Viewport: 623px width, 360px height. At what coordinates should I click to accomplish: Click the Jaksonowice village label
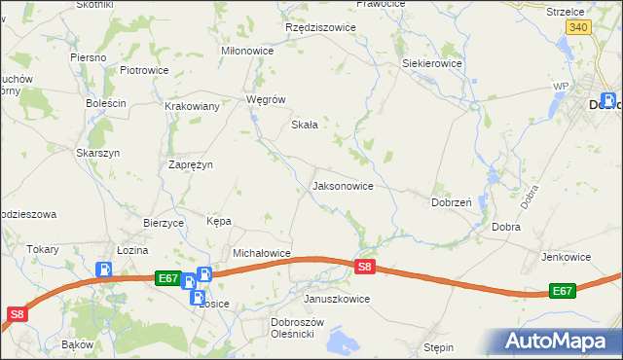[342, 185]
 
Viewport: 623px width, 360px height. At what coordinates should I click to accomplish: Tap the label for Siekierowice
[432, 63]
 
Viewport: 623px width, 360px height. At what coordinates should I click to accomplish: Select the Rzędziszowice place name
[320, 28]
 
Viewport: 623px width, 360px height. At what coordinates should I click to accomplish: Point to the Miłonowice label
[248, 51]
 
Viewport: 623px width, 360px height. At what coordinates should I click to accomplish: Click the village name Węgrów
[266, 99]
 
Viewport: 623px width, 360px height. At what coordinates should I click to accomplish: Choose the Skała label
[306, 125]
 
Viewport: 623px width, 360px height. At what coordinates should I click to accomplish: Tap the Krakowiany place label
[192, 106]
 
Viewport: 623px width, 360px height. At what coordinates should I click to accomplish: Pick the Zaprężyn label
[191, 164]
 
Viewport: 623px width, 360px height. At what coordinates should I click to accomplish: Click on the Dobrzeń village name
[452, 202]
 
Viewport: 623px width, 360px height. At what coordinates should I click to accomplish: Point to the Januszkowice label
[337, 299]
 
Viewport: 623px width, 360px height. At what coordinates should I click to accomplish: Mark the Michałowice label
[262, 253]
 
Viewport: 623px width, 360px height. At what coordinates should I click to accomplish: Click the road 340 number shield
[578, 28]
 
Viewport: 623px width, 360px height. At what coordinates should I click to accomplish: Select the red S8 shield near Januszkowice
[364, 267]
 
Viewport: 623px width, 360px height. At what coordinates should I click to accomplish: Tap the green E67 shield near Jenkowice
[563, 290]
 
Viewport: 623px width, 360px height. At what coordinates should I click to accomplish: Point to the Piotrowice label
[144, 70]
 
